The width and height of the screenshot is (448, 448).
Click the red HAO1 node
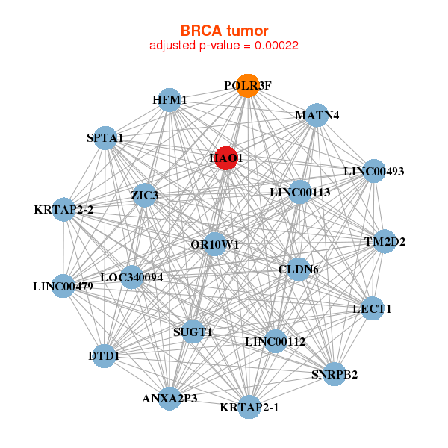pyautogui.click(x=226, y=158)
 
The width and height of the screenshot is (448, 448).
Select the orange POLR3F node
pyautogui.click(x=248, y=86)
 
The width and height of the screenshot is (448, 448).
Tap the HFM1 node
pyautogui.click(x=169, y=100)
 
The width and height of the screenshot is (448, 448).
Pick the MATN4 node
pyautogui.click(x=317, y=115)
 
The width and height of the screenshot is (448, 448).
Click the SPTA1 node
pyautogui.click(x=105, y=138)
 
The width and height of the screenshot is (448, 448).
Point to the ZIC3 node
pyautogui.click(x=145, y=196)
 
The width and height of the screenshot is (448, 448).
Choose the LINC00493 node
pyautogui.click(x=374, y=171)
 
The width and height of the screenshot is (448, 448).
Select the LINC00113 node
pyautogui.click(x=299, y=192)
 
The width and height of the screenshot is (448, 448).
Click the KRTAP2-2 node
pyautogui.click(x=63, y=209)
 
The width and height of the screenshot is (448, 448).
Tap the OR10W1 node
pyautogui.click(x=214, y=244)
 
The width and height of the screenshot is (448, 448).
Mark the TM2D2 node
pyautogui.click(x=385, y=241)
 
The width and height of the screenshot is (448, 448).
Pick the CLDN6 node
pyautogui.click(x=298, y=270)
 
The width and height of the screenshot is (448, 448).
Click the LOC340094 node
pyautogui.click(x=131, y=277)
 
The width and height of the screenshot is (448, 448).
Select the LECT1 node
pyautogui.click(x=372, y=308)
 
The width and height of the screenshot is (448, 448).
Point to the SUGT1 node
pyautogui.click(x=193, y=332)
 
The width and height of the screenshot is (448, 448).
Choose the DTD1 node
pyautogui.click(x=104, y=356)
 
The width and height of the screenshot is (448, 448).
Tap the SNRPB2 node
pyautogui.click(x=334, y=374)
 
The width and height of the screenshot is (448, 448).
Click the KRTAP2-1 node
pyautogui.click(x=249, y=407)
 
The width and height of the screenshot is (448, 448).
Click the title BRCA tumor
pyautogui.click(x=224, y=31)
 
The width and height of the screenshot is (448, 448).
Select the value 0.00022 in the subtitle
pyautogui.click(x=276, y=46)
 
